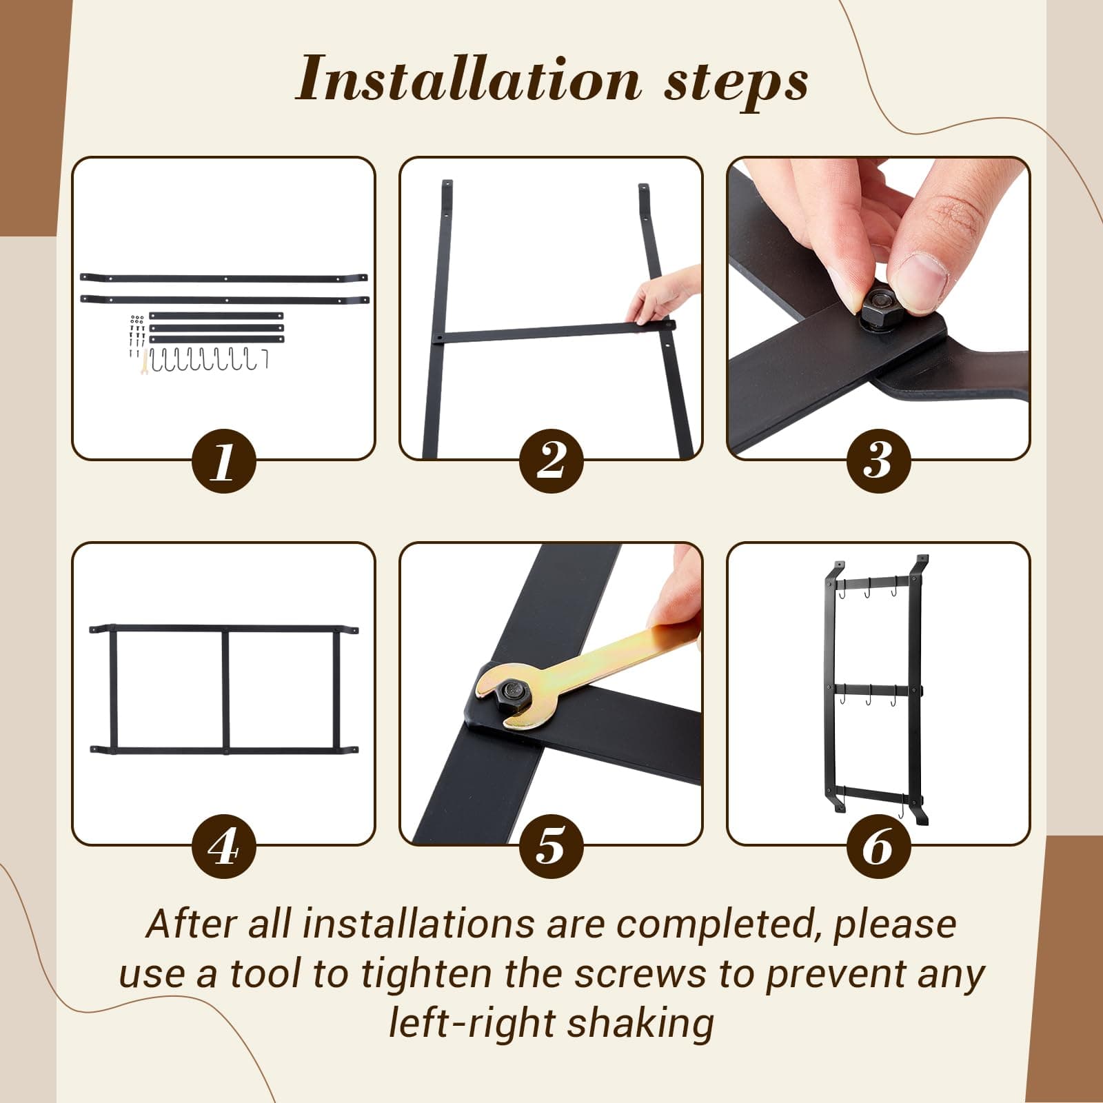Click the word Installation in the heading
pos(469,79)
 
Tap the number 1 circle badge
pos(223,461)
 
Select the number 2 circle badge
pos(551,461)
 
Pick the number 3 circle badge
pos(878,461)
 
